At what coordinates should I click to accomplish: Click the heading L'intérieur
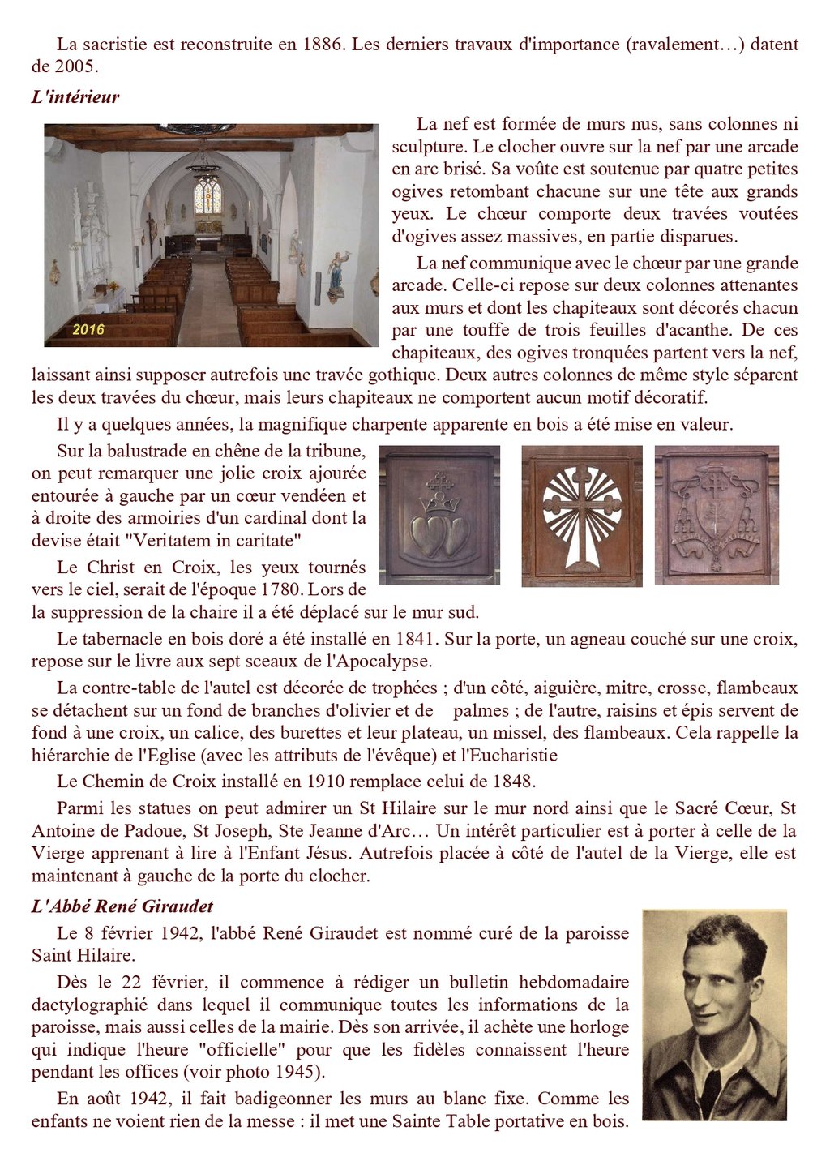75,97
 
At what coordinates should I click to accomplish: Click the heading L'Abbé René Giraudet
122,906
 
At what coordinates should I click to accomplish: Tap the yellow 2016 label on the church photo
88,329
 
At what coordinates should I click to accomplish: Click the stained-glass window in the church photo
208,196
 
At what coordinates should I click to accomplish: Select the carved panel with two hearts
439,515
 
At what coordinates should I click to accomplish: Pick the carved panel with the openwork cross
582,516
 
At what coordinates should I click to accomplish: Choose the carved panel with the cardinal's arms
717,515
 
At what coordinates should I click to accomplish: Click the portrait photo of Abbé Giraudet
714,1014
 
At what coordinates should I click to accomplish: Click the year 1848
512,782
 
